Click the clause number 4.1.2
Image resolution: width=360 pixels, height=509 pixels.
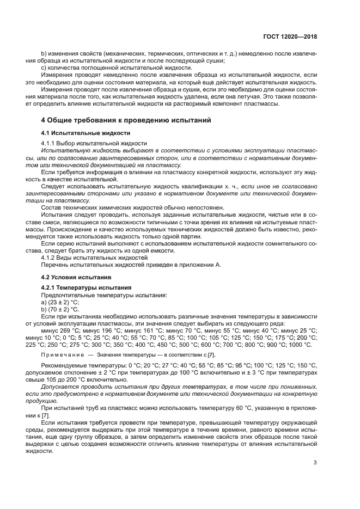pyautogui.click(x=50, y=257)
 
